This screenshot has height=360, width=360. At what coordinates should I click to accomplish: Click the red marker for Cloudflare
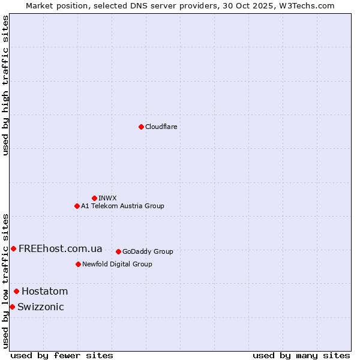point(141,127)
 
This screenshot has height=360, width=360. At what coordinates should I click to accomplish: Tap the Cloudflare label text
point(161,127)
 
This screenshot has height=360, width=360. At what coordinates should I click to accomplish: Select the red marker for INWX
point(94,198)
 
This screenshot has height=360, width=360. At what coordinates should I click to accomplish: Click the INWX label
point(108,198)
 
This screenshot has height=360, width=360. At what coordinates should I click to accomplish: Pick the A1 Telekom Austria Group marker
point(77,206)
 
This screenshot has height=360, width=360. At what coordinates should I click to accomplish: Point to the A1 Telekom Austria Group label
point(122,206)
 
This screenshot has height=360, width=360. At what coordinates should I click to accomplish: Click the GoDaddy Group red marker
point(118,251)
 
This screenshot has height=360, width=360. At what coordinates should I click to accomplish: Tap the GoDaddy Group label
point(148,251)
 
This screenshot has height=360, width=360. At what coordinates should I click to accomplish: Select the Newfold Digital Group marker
point(78,264)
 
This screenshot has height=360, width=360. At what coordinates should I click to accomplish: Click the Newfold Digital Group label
point(117,264)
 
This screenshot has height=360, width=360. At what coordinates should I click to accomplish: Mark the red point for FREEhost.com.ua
point(13,248)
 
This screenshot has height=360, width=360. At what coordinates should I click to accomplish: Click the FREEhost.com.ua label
point(60,248)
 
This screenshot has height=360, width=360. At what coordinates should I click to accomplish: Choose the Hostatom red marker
point(16,292)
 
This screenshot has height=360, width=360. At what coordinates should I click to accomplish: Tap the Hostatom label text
point(44,292)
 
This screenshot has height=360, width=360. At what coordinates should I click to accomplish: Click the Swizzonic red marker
point(12,307)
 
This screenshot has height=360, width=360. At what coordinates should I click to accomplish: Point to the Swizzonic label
point(40,307)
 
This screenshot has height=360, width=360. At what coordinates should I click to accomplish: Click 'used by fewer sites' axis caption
point(62,355)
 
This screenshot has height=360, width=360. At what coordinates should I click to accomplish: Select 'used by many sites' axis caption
point(301,355)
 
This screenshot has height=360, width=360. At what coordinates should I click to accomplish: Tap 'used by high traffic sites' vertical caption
point(5,85)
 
